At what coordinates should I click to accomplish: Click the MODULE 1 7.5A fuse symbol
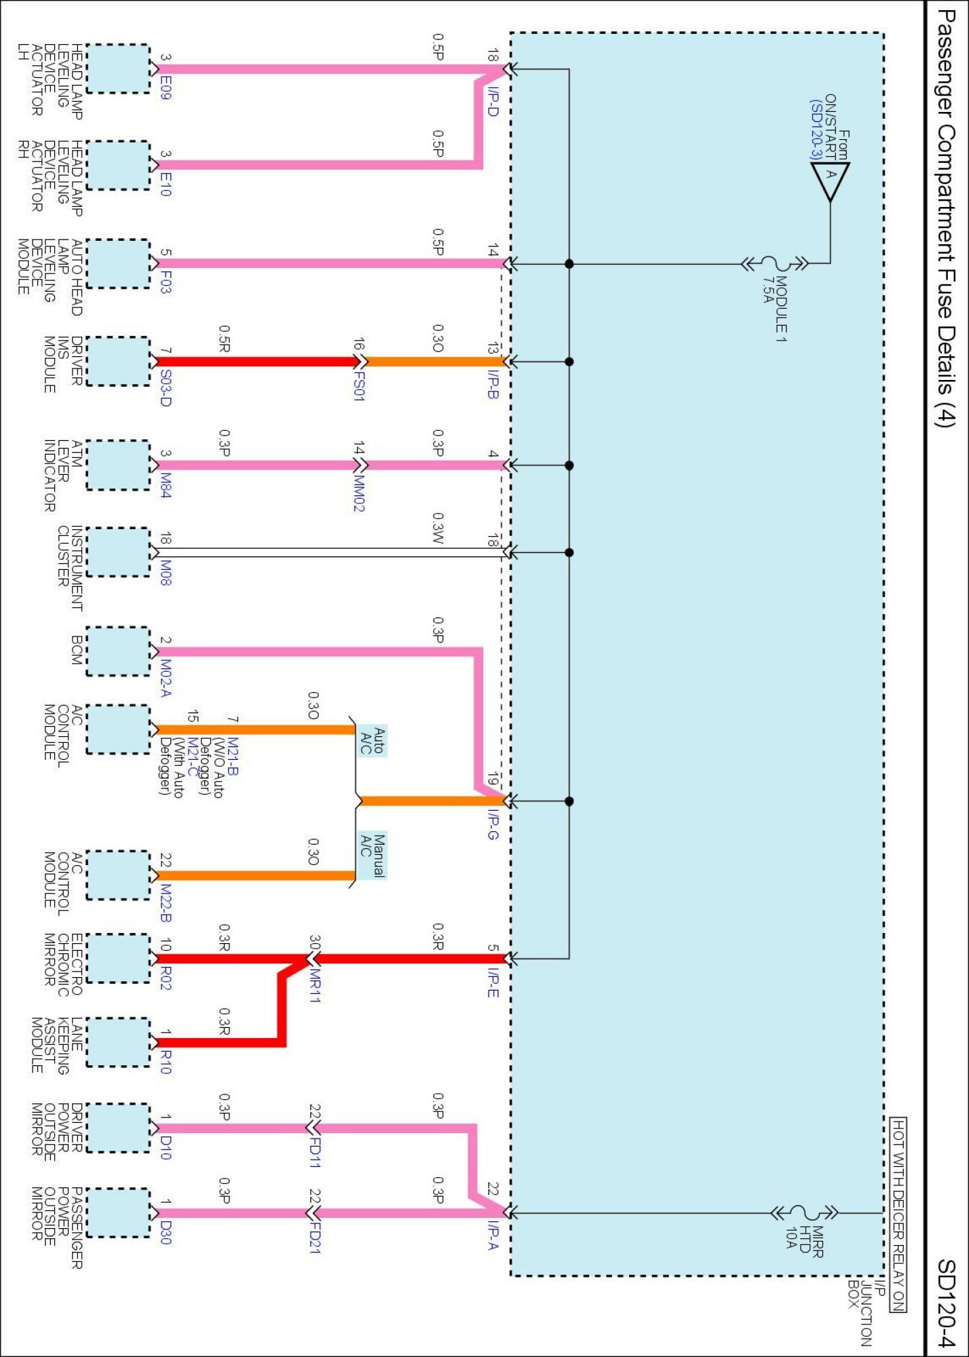(774, 263)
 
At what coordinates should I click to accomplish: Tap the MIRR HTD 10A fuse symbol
(804, 1212)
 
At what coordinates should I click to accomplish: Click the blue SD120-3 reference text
(816, 130)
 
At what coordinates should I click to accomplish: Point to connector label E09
(166, 88)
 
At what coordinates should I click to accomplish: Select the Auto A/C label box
(373, 740)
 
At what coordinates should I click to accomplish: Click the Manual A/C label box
(373, 856)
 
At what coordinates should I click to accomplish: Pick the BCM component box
(118, 651)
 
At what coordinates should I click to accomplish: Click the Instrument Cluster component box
(118, 552)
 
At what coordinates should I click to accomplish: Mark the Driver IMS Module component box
(118, 361)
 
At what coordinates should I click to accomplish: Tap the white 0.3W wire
(326, 552)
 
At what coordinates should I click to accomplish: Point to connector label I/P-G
(493, 824)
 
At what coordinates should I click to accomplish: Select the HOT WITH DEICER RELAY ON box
(898, 1215)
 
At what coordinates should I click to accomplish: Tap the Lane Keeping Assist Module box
(118, 1042)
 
